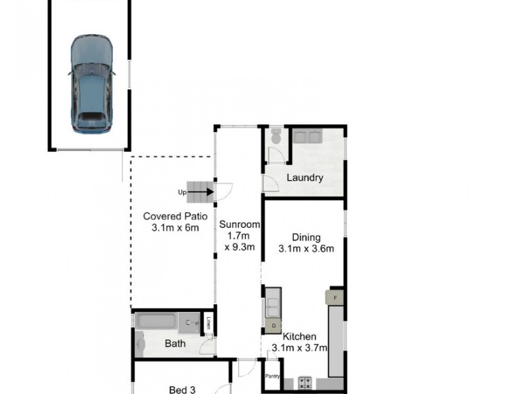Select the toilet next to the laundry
(276, 137)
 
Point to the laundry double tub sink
(306, 137)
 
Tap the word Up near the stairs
(182, 192)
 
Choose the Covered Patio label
(175, 216)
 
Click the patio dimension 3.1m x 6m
(175, 228)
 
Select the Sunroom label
(239, 225)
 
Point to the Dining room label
(306, 237)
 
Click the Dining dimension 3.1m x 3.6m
(306, 249)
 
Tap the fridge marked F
(336, 297)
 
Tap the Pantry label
(272, 376)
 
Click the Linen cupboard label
(209, 322)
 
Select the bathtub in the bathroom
(158, 322)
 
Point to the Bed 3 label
(182, 389)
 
